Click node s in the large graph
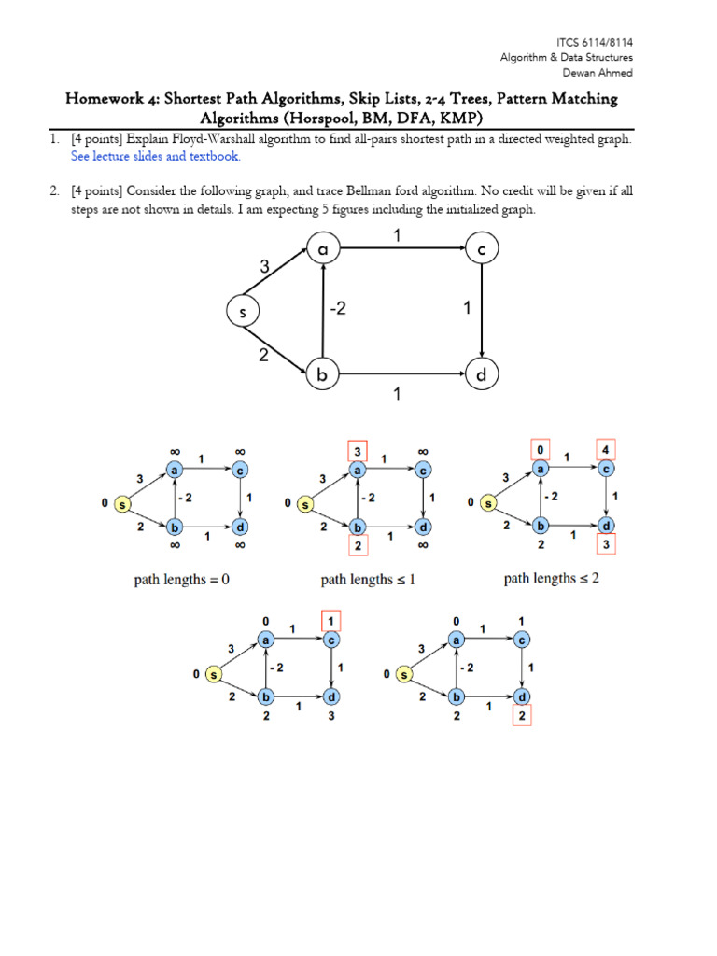243,313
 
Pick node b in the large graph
322,376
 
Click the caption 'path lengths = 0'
182,580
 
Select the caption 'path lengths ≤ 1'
368,580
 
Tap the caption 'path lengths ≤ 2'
551,579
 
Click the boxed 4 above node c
607,448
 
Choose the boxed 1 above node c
331,620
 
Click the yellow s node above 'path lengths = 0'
122,504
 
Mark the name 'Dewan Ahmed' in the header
605,72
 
